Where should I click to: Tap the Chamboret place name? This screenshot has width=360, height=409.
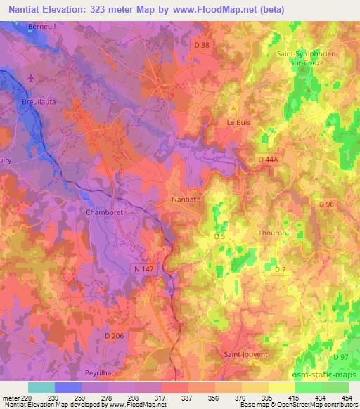(x=104, y=212)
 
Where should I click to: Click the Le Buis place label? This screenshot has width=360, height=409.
(x=238, y=122)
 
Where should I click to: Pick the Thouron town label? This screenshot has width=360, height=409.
(x=272, y=233)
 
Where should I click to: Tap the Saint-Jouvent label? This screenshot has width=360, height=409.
(x=245, y=354)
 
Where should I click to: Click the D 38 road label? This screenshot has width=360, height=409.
(x=201, y=45)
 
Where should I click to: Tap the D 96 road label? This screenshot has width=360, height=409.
(x=326, y=204)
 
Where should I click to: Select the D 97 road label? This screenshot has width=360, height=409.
(x=341, y=358)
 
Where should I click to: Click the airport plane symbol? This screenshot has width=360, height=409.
(x=30, y=77)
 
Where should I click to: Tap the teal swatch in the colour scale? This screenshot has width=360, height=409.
(x=41, y=387)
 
